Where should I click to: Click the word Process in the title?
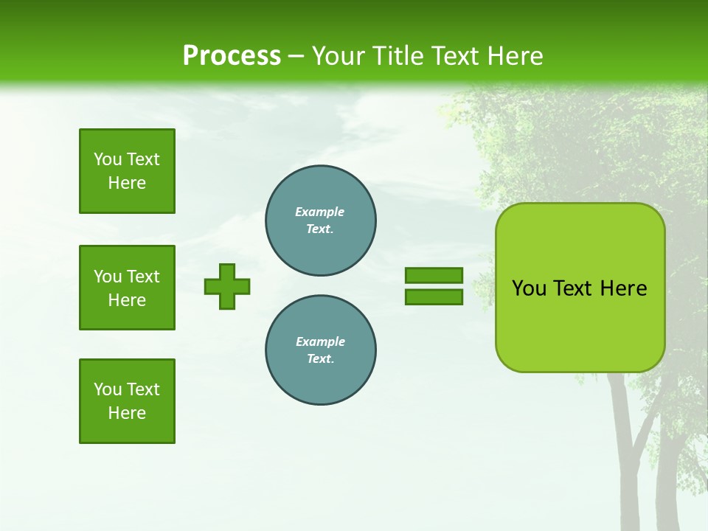(232, 56)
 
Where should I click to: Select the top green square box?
(127, 171)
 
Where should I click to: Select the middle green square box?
(127, 288)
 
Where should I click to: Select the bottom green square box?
(127, 401)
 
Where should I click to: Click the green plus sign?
(227, 286)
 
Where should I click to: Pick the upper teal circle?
(320, 221)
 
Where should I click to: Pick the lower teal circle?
(320, 350)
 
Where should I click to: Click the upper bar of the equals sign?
(434, 275)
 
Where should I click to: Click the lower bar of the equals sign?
(434, 297)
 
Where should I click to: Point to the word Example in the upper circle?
(319, 212)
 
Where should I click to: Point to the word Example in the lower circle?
(320, 341)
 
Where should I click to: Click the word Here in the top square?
(127, 183)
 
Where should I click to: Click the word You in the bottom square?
(107, 389)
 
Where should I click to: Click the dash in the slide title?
(296, 56)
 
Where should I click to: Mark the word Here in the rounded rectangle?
(623, 288)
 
